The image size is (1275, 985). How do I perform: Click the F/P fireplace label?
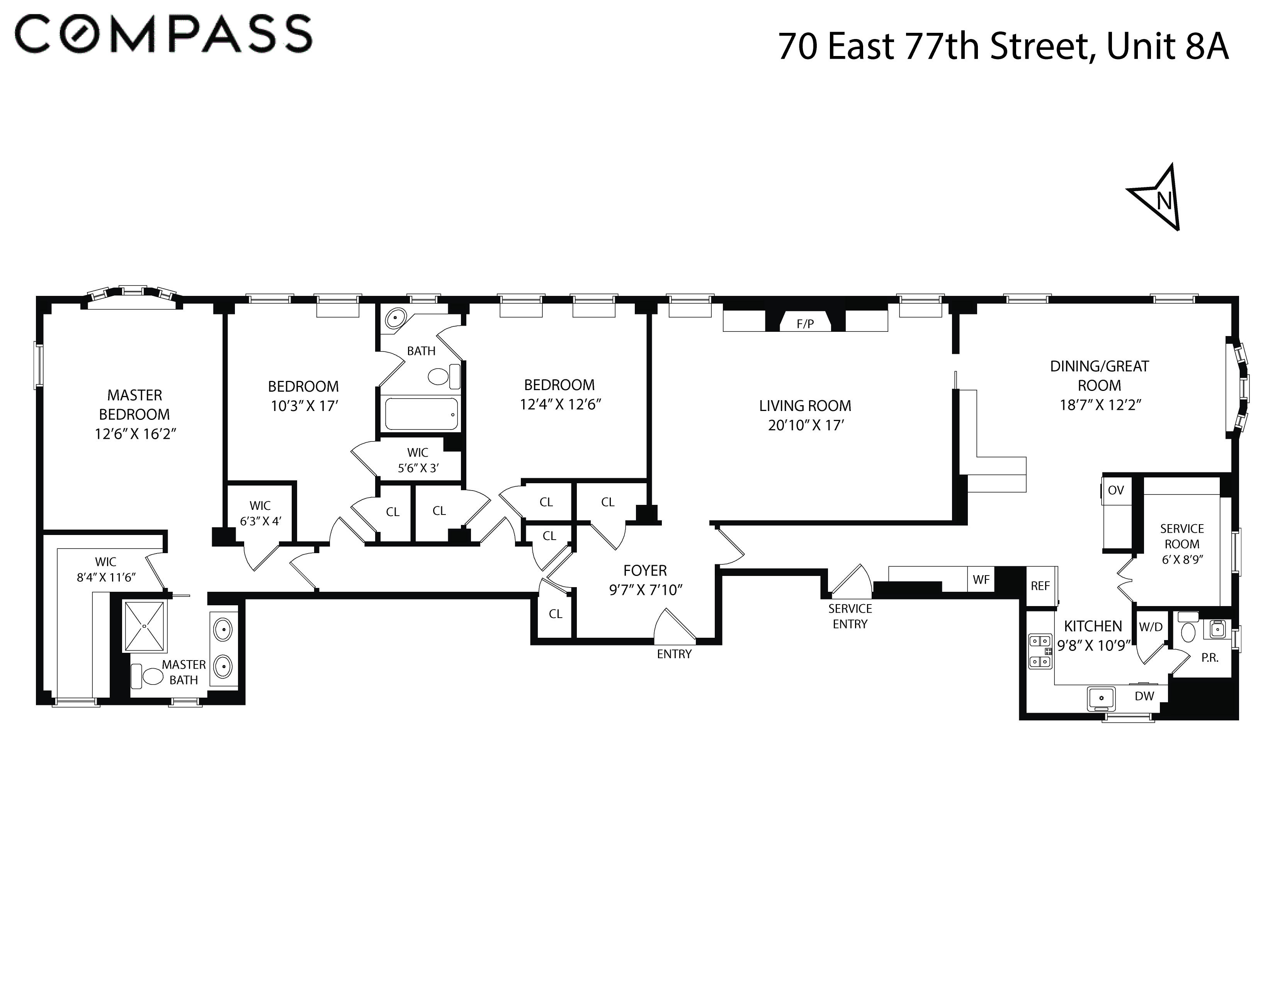coord(805,324)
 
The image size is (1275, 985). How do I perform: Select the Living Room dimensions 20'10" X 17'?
coord(806,425)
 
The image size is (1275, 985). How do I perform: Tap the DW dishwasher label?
coord(1144,696)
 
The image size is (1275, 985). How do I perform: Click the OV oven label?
coord(1116,490)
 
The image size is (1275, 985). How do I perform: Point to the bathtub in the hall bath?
coord(421,414)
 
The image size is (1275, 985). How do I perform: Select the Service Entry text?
coord(850,616)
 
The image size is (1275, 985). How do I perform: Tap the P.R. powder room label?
coord(1210,658)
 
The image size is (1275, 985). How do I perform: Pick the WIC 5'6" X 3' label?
coord(418,460)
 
